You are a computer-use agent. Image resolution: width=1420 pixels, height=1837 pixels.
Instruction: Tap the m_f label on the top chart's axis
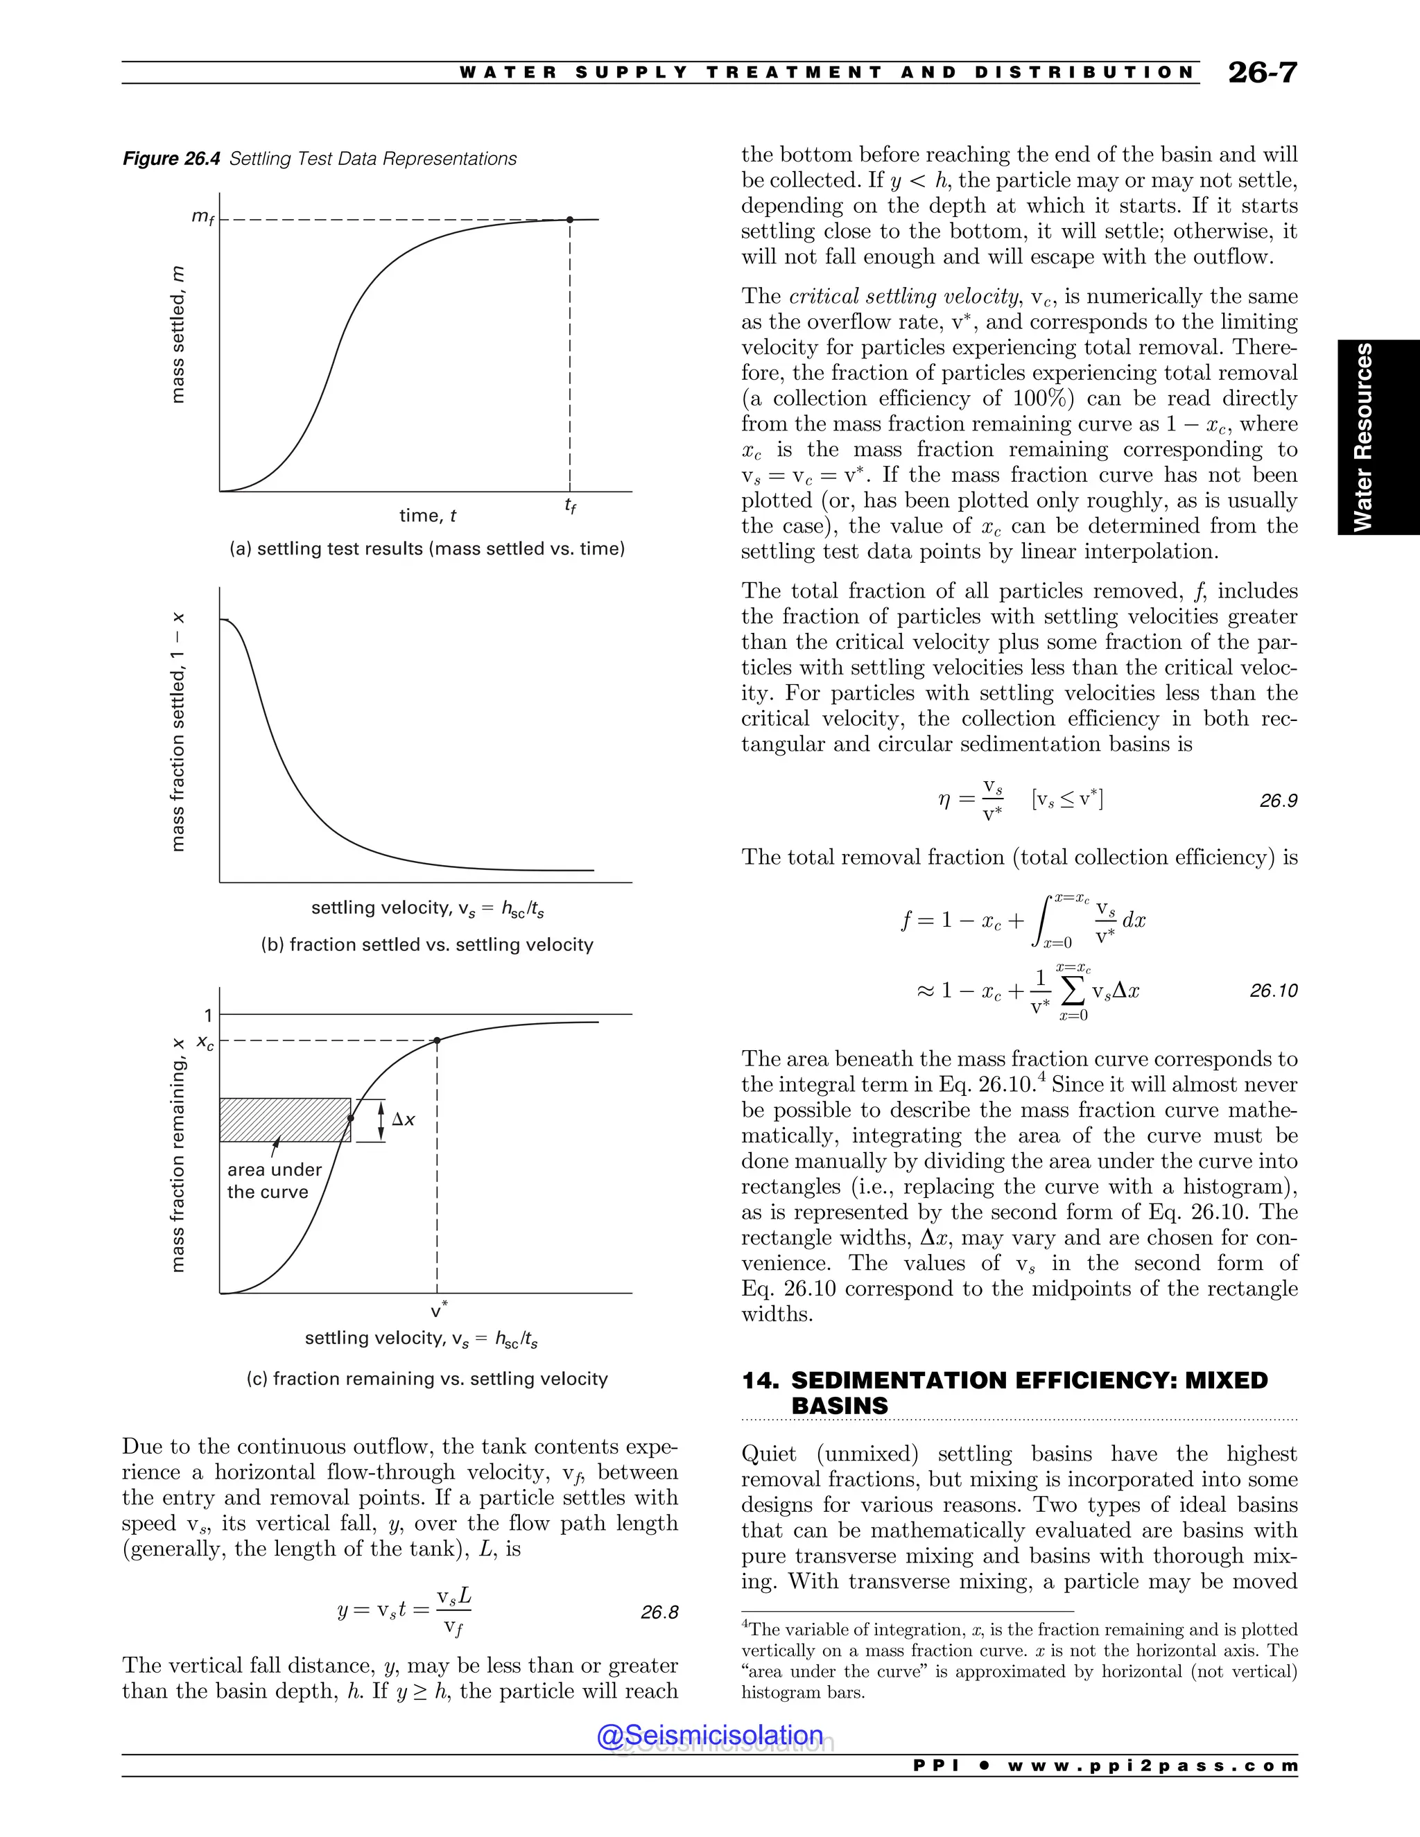pos(202,217)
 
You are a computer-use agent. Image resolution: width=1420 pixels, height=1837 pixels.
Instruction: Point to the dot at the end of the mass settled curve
pos(569,220)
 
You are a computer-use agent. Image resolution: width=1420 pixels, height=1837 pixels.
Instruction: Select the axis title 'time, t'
pos(427,516)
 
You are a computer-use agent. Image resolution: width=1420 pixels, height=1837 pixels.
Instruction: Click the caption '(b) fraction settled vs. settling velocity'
pos(426,945)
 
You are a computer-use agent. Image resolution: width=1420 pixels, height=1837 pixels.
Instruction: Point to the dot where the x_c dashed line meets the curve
pos(437,1041)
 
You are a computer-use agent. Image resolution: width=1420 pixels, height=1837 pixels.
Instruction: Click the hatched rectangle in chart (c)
pos(284,1120)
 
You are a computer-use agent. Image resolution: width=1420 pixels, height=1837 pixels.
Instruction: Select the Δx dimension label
pos(404,1120)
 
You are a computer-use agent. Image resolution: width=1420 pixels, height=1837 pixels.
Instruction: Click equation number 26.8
pos(659,1612)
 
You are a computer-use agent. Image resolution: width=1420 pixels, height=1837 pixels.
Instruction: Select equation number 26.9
pos(1278,801)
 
